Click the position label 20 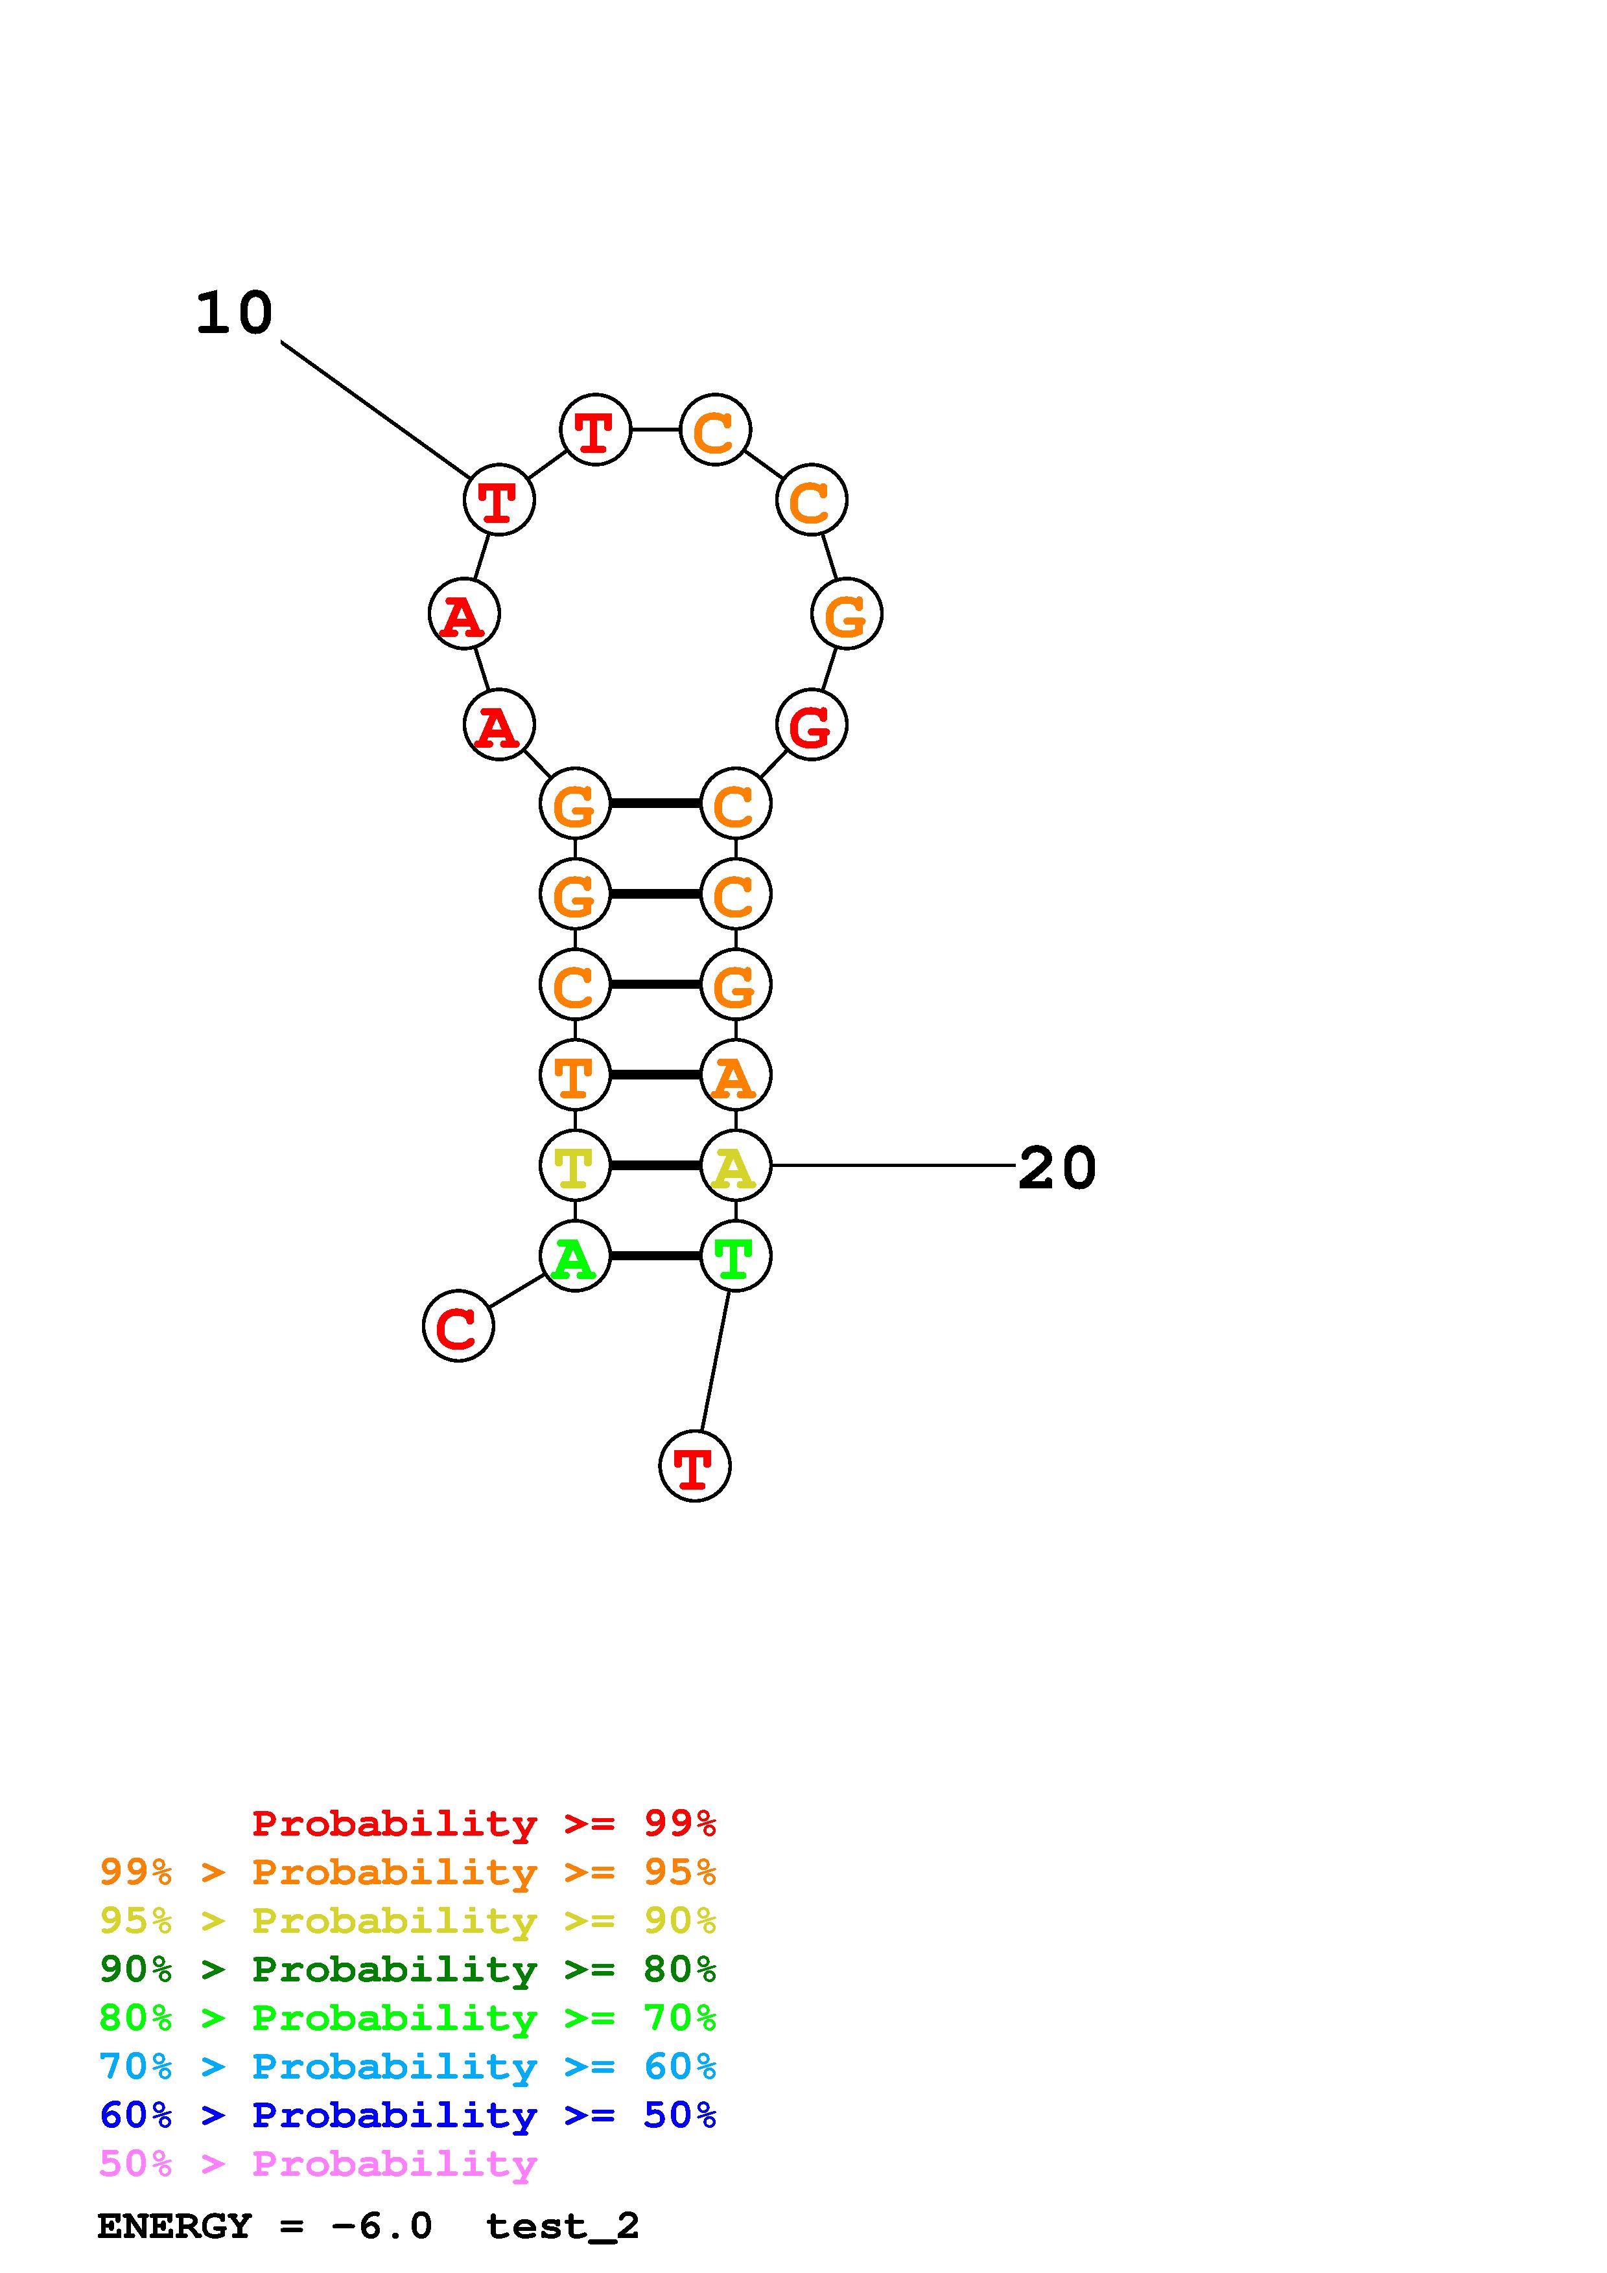1057,1168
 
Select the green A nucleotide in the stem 574,1256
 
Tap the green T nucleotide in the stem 734,1256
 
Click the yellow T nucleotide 574,1166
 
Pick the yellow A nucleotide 734,1166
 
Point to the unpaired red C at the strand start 458,1326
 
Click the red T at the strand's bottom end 694,1466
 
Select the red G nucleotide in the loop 811,726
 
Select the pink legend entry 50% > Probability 318,2164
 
